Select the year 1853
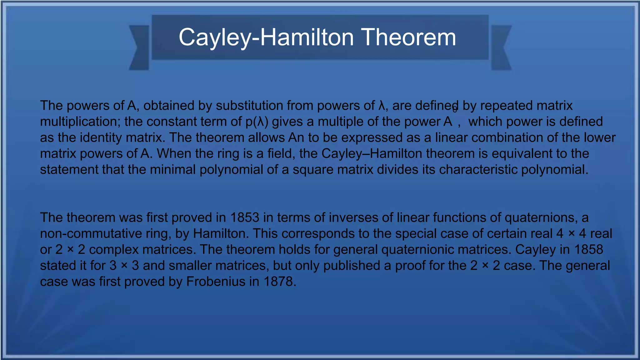245,217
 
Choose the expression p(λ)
257,122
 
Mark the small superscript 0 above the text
455,110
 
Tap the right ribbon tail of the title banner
501,47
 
